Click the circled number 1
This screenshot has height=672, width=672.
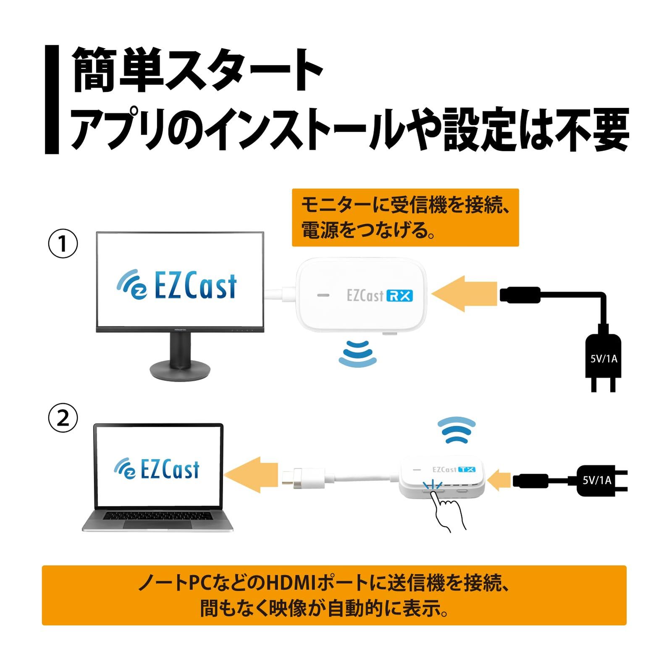(63, 244)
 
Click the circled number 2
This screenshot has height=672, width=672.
(63, 418)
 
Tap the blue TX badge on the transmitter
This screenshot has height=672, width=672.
(467, 469)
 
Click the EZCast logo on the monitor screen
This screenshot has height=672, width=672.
(177, 286)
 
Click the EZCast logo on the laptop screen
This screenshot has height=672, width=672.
(157, 469)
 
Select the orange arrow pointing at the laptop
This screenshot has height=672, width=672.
(251, 475)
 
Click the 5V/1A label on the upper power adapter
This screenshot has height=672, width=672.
(604, 359)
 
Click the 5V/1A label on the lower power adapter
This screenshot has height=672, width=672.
(597, 480)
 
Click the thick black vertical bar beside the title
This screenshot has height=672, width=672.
(52, 100)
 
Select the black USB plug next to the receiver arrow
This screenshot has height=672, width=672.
(520, 294)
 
